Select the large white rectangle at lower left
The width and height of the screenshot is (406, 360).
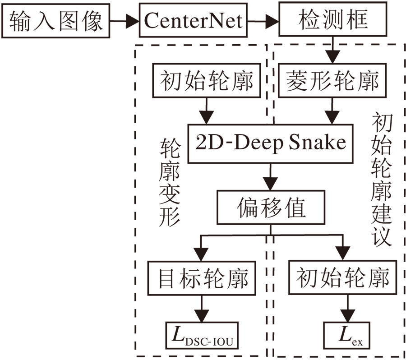click(67, 259)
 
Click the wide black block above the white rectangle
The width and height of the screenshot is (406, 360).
click(83, 79)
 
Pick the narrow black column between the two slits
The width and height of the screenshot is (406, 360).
click(150, 240)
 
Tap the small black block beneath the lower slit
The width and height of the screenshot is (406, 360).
click(150, 339)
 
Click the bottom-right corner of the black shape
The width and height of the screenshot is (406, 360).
click(405, 357)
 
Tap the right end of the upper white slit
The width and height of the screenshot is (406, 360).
click(166, 160)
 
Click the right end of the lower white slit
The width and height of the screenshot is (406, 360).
click(166, 319)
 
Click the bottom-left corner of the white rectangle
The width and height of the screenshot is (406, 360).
click(1, 359)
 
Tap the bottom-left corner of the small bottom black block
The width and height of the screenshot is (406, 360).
click(134, 357)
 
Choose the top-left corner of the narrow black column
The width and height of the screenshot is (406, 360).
click(134, 162)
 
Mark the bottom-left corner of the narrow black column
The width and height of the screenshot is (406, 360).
click(134, 317)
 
